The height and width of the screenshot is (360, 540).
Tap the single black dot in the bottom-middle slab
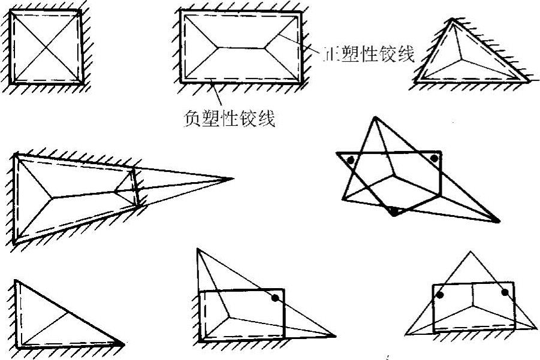(275, 298)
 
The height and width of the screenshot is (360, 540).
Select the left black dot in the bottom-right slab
(440, 295)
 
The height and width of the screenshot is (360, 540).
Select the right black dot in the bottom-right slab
(505, 292)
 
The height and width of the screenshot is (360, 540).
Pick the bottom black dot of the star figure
(394, 210)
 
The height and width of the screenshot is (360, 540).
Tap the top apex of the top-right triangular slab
(454, 19)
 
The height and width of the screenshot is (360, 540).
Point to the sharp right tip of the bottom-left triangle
(124, 344)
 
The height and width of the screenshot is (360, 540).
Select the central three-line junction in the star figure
(393, 177)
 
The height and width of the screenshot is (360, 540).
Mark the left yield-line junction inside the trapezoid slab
(53, 195)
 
